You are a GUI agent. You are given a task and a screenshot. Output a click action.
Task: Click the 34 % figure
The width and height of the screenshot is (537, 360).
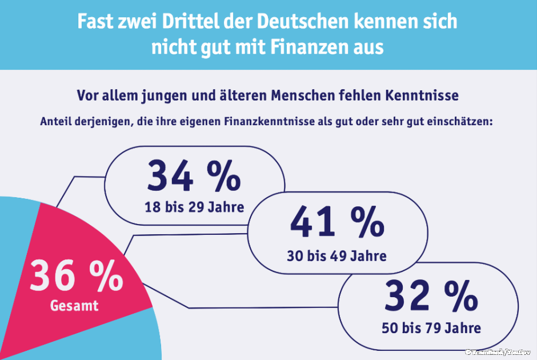point(194,176)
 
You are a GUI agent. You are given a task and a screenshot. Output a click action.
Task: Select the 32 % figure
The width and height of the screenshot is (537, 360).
point(431,296)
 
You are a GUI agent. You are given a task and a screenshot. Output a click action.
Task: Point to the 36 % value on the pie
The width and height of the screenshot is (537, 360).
point(76,275)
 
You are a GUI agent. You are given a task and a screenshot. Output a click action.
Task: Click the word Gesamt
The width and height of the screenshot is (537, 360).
point(74,306)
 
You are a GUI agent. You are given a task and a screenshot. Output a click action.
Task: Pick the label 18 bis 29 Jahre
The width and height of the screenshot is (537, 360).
point(194,206)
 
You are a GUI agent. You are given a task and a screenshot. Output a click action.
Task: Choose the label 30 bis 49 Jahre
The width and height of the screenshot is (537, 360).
point(336,255)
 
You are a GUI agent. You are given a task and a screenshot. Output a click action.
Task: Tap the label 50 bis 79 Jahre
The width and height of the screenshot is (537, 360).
point(431,328)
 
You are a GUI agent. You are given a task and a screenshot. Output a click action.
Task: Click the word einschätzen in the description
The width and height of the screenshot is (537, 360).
point(459,121)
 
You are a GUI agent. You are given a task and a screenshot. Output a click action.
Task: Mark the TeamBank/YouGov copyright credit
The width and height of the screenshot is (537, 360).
point(498,353)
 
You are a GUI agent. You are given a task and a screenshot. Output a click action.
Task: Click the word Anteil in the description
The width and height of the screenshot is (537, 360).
point(55,121)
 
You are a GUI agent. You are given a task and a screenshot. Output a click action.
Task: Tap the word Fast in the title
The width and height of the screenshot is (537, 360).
point(93,22)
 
